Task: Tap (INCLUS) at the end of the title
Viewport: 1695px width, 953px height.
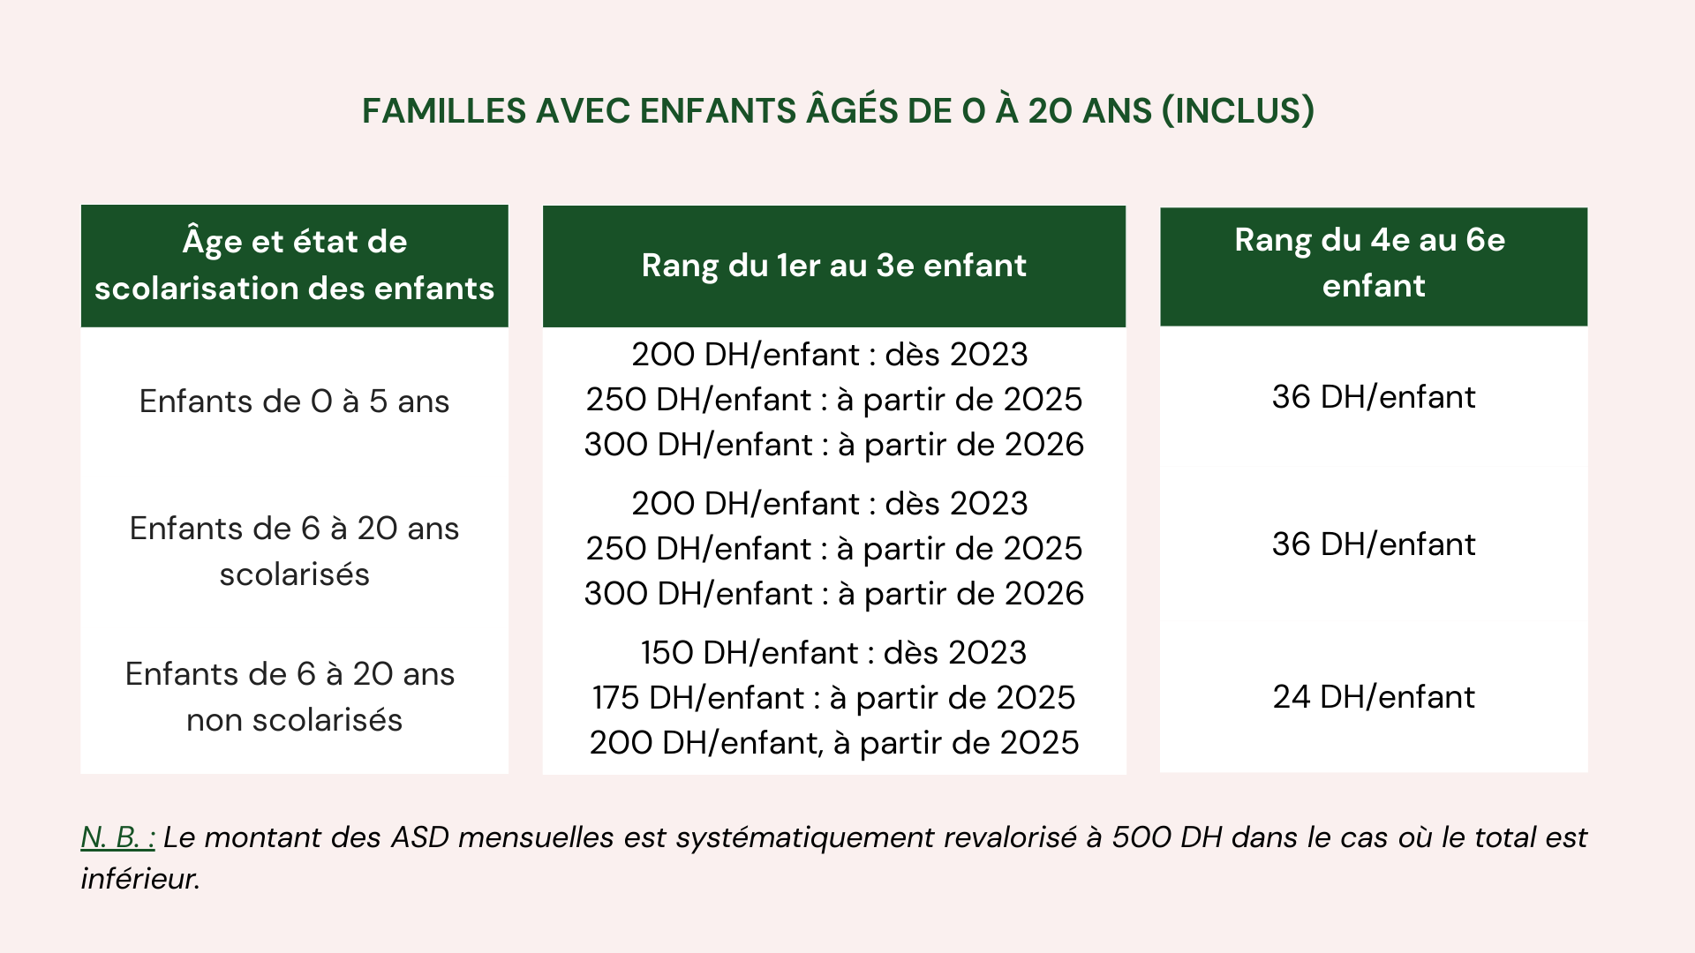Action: click(1238, 111)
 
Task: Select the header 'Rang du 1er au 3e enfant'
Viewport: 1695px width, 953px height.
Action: click(833, 266)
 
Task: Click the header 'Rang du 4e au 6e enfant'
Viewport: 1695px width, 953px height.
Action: click(1373, 263)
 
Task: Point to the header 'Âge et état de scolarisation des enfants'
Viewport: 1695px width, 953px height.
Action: click(294, 265)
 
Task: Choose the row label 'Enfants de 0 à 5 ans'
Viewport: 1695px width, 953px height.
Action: click(294, 401)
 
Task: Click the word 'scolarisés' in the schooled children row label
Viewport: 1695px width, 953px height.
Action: click(294, 574)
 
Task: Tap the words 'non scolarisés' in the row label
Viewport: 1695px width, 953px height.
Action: click(294, 720)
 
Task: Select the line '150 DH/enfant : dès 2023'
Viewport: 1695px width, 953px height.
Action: click(833, 653)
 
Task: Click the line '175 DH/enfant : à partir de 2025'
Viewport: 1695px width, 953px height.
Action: click(833, 698)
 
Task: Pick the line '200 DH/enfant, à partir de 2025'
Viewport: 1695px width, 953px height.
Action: click(833, 743)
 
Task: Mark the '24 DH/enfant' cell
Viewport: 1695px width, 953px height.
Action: click(1373, 697)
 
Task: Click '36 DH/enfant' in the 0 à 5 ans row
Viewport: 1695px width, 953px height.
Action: click(1373, 397)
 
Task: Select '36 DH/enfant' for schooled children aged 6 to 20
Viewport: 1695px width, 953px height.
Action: click(1373, 544)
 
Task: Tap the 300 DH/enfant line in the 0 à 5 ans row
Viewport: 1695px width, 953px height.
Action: click(833, 445)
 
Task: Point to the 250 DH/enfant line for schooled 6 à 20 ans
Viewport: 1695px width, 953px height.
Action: click(833, 549)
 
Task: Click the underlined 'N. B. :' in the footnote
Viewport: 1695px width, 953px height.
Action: click(118, 837)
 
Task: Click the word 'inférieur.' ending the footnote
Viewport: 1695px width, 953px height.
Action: click(140, 879)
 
